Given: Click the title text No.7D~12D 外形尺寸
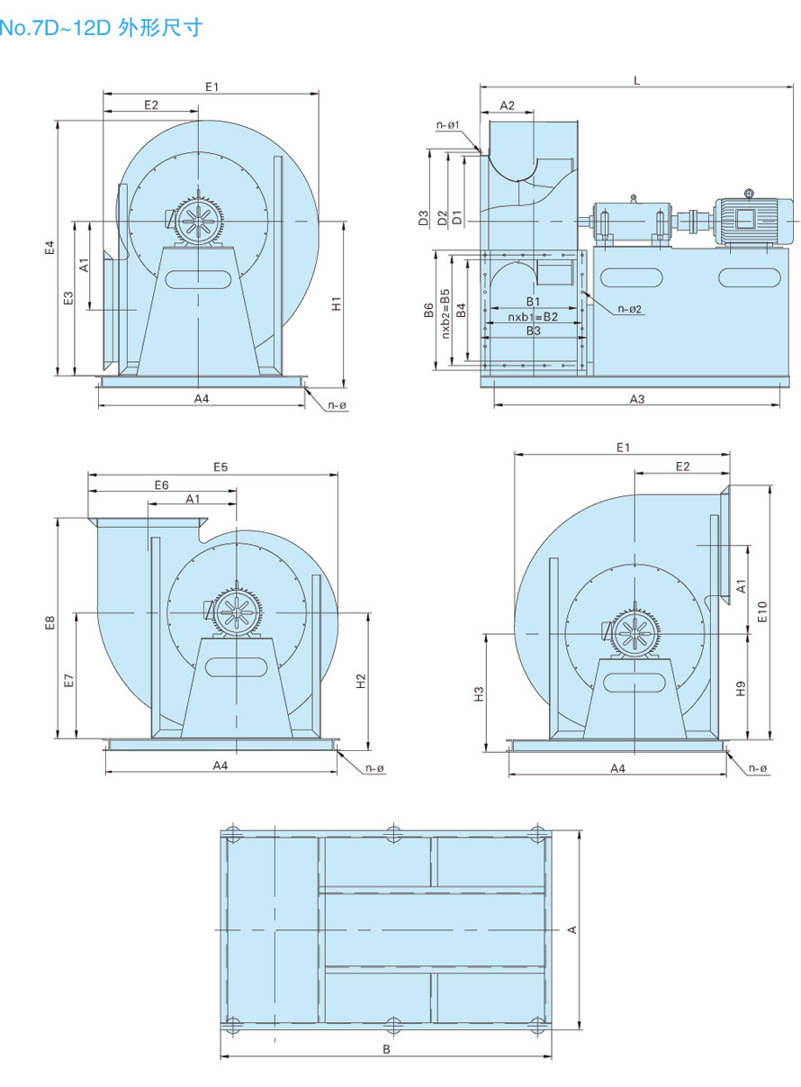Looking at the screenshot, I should [x=101, y=28].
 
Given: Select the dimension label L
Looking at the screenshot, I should [x=636, y=80].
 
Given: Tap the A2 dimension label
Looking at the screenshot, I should [x=507, y=105].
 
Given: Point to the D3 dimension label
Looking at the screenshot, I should [x=423, y=218].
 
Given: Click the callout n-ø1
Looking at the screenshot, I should [x=448, y=125].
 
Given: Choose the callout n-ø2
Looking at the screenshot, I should [x=630, y=309].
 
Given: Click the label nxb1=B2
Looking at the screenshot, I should [x=533, y=317].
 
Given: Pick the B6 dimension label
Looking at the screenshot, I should [x=429, y=311].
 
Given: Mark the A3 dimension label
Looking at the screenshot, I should [x=636, y=398].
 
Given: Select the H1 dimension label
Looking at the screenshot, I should [x=336, y=303].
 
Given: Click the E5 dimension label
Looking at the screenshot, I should [x=220, y=467].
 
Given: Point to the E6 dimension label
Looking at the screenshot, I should [x=161, y=485].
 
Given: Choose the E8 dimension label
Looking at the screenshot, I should [x=50, y=622].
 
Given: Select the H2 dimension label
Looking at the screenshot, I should [x=360, y=681].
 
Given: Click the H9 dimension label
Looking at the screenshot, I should [x=741, y=688].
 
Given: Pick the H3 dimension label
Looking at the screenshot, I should [x=479, y=693].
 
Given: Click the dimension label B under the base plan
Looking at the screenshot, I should [x=386, y=1049].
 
